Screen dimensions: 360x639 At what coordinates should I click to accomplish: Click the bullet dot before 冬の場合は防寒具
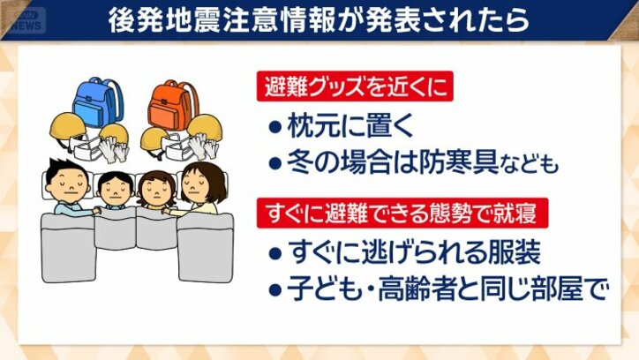click(x=274, y=164)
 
